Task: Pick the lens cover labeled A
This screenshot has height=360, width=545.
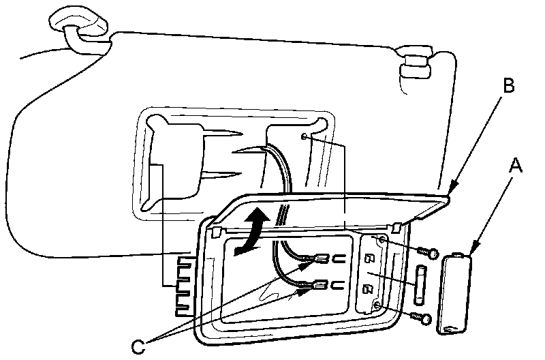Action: point(452,295)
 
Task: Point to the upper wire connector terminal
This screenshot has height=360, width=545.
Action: point(318,260)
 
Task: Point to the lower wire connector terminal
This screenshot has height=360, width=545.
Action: point(318,287)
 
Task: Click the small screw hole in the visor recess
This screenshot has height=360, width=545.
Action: point(305,137)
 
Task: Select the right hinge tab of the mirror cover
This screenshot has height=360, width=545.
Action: point(397,226)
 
